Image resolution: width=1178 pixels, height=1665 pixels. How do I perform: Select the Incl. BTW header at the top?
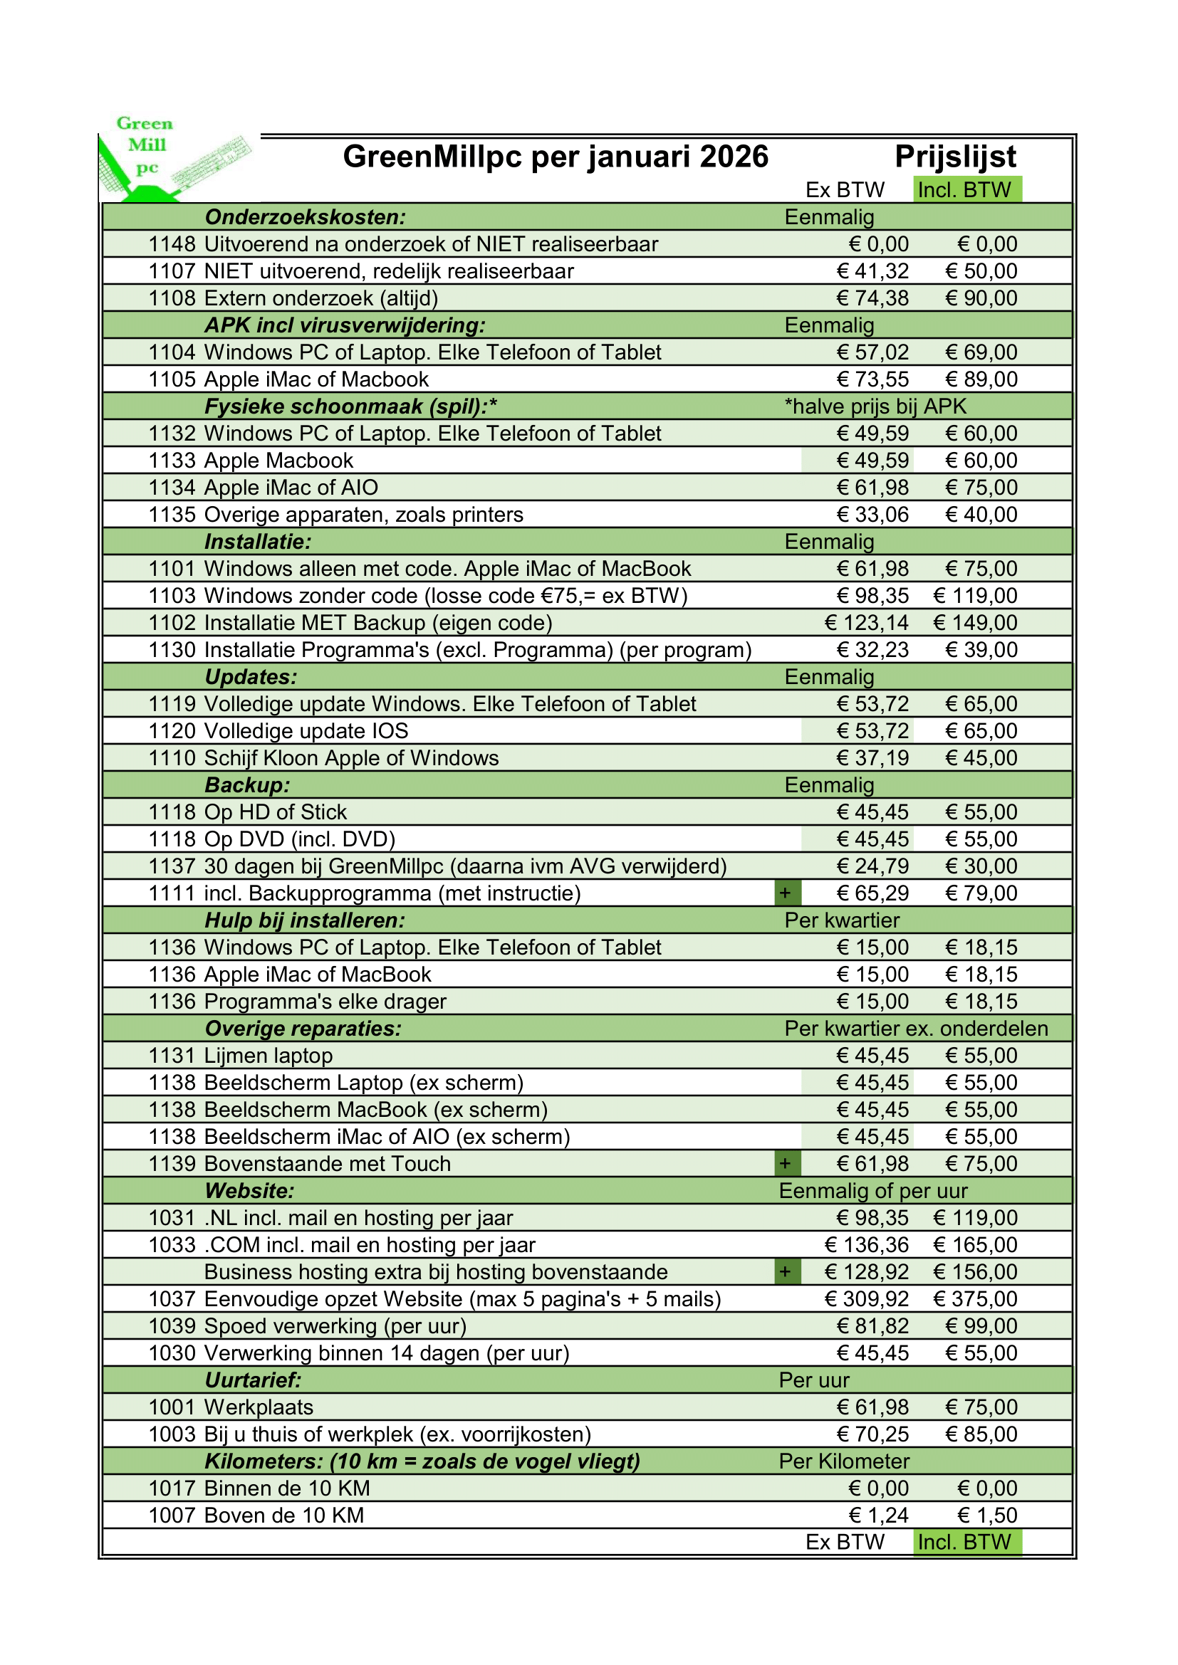pos(964,190)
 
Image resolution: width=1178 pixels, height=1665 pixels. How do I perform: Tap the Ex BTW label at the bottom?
pos(845,1542)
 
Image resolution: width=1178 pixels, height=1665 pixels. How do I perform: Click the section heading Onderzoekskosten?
pos(305,217)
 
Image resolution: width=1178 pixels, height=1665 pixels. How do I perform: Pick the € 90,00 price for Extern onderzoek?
pos(981,298)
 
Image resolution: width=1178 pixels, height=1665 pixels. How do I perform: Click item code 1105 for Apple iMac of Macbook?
pos(172,379)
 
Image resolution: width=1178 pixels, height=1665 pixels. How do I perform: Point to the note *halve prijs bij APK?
pos(875,406)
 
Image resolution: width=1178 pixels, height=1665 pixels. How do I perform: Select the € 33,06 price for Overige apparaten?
pos(872,515)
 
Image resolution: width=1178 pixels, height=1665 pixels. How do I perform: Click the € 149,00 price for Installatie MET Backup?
pos(975,623)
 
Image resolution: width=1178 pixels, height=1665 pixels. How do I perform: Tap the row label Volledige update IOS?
pos(306,731)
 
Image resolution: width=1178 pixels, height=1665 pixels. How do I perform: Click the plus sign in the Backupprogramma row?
pos(785,893)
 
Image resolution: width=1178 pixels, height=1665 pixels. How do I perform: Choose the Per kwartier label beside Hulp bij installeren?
pos(841,920)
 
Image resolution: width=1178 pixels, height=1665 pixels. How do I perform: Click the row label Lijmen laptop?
pos(269,1056)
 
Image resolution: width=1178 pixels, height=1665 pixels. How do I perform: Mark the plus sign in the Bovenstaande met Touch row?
pos(785,1164)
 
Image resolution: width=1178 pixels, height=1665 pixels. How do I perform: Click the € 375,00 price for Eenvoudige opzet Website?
pos(975,1299)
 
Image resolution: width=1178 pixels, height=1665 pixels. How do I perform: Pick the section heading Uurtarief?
pos(252,1380)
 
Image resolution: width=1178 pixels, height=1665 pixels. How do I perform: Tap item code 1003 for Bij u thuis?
pos(172,1434)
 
